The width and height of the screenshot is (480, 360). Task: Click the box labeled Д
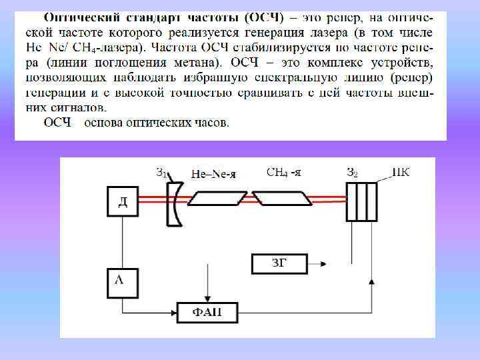coord(123,202)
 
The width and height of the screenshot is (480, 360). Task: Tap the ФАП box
coord(208,313)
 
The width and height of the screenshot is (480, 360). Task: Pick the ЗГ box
coord(279,264)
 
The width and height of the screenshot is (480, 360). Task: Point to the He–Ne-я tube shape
coord(217,198)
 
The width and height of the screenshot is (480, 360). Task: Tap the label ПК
coord(401,173)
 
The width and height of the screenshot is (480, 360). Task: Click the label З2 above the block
coord(352,173)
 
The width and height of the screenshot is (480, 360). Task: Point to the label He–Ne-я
coord(213,175)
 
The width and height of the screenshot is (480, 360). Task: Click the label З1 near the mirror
coord(162,173)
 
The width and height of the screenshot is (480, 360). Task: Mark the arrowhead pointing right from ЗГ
coord(325,265)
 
